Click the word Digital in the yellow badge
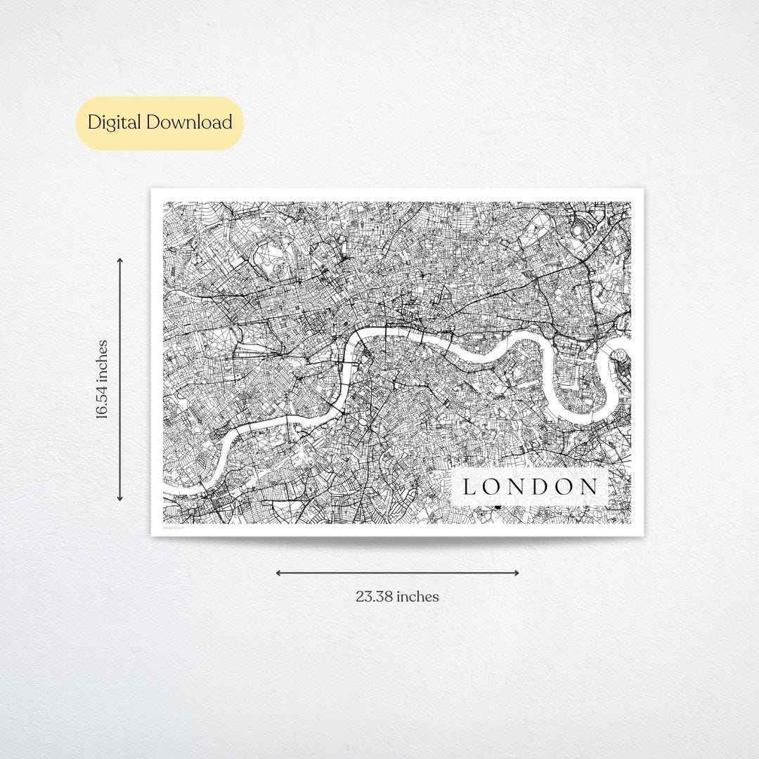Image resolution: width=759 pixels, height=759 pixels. [x=115, y=122]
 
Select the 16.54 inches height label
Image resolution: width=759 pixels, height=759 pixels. [x=103, y=379]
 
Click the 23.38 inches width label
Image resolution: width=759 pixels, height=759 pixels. [x=397, y=597]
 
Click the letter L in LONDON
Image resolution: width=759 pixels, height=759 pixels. [x=469, y=486]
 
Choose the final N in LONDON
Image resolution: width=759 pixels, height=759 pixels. [x=590, y=486]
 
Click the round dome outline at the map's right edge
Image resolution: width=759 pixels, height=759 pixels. [x=623, y=358]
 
